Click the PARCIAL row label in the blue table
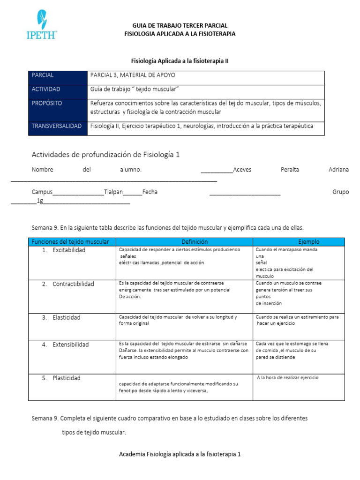point(43,75)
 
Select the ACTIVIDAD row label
point(46,89)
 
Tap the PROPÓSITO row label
point(47,103)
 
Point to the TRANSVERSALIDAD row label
point(57,126)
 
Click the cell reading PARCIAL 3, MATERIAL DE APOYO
point(133,75)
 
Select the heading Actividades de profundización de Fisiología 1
point(105,154)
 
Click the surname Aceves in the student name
point(242,170)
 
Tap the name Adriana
point(338,170)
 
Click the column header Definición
point(195,242)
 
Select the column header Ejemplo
point(308,242)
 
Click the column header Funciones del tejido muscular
point(70,242)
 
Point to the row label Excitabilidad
point(69,250)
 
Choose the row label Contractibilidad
point(73,284)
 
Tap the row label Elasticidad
point(66,317)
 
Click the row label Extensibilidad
point(70,345)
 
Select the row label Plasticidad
point(67,378)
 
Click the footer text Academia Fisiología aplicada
point(180,454)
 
